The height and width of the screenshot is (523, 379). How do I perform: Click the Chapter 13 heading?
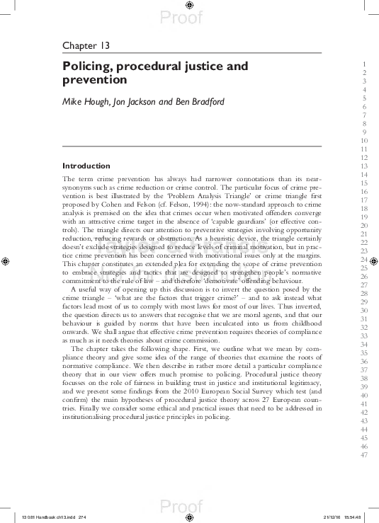pos(86,46)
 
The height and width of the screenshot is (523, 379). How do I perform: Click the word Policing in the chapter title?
pos(86,67)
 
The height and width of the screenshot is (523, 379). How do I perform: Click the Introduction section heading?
pos(86,166)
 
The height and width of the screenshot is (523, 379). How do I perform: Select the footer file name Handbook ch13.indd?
pos(50,516)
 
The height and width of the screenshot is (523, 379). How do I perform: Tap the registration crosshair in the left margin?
pos(6,260)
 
